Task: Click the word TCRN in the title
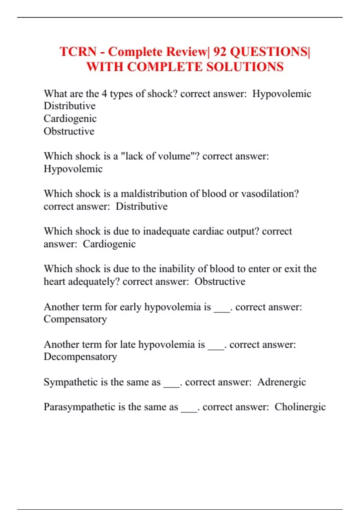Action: pos(78,52)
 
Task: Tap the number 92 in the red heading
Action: pos(220,52)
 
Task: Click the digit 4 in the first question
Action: pos(104,94)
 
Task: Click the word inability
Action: pos(177,269)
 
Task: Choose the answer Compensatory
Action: pos(75,319)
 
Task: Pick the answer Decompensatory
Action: pos(80,357)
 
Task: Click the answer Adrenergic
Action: pos(281,382)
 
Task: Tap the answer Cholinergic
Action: pos(300,407)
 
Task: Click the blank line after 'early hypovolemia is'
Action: pos(222,311)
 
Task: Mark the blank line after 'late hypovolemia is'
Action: pos(216,348)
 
